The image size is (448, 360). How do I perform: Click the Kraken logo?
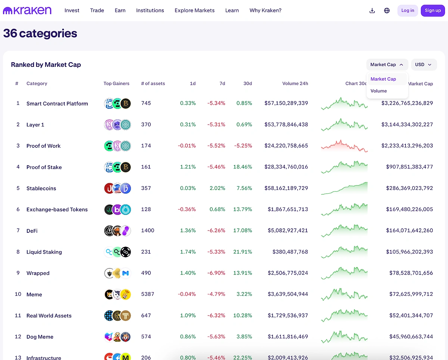(27, 10)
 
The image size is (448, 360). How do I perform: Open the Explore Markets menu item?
(195, 10)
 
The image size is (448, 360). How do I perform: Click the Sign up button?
(433, 10)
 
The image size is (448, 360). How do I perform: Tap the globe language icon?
(387, 10)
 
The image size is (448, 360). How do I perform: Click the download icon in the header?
(372, 10)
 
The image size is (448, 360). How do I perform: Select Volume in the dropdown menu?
(379, 91)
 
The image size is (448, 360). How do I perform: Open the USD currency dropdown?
(424, 65)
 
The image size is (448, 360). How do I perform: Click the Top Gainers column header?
(116, 84)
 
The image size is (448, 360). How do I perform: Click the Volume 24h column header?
(295, 84)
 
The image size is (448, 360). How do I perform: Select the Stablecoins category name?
(41, 188)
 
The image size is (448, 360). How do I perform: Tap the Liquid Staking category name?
(44, 252)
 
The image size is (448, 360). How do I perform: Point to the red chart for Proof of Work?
(344, 146)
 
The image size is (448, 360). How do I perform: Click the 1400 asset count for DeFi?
(147, 231)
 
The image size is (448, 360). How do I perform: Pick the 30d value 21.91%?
(243, 252)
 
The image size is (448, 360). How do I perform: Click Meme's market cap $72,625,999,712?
(407, 294)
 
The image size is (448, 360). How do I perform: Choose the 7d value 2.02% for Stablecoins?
(217, 188)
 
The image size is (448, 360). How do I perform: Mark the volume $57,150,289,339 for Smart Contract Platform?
(286, 103)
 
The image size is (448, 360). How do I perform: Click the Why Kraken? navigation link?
(265, 10)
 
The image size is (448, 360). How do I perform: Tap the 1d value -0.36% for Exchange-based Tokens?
(187, 209)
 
